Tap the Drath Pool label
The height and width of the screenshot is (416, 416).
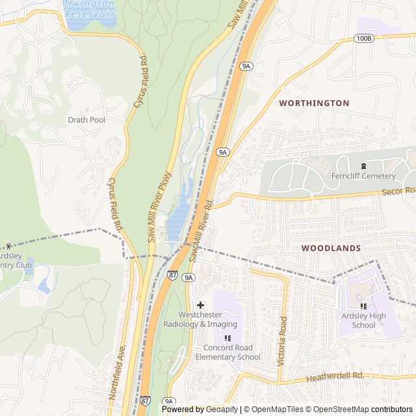point(86,120)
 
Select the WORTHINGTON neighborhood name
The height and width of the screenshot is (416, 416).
point(314,103)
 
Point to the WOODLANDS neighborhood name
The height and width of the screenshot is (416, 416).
point(331,248)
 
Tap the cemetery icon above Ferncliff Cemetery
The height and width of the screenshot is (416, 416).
point(363,166)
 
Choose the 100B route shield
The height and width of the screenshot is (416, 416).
point(365,39)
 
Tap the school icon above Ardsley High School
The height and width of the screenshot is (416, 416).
point(363,306)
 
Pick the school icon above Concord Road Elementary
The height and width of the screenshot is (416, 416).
point(227,338)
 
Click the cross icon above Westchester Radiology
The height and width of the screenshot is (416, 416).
point(200,305)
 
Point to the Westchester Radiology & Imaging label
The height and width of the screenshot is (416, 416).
point(200,319)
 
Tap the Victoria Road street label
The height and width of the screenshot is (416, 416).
point(282,341)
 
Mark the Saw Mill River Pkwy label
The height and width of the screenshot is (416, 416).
point(159,207)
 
